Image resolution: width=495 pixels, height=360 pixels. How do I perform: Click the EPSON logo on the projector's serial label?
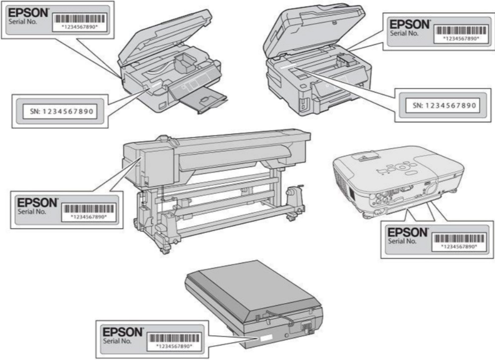click(407, 232)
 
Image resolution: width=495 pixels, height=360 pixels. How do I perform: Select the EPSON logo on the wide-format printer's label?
click(37, 203)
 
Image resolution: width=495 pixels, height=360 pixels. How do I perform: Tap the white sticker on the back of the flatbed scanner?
click(263, 339)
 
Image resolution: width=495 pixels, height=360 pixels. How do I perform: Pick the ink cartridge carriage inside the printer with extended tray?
click(182, 63)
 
